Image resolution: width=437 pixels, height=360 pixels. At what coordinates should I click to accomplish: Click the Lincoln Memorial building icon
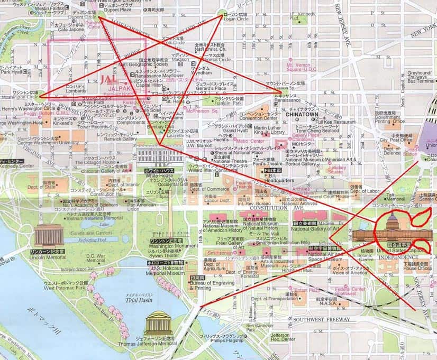coord(49,235)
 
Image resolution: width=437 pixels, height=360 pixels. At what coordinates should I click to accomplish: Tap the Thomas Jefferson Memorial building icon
coord(158,322)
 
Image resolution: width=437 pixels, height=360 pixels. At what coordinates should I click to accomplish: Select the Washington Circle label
coord(20,98)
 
